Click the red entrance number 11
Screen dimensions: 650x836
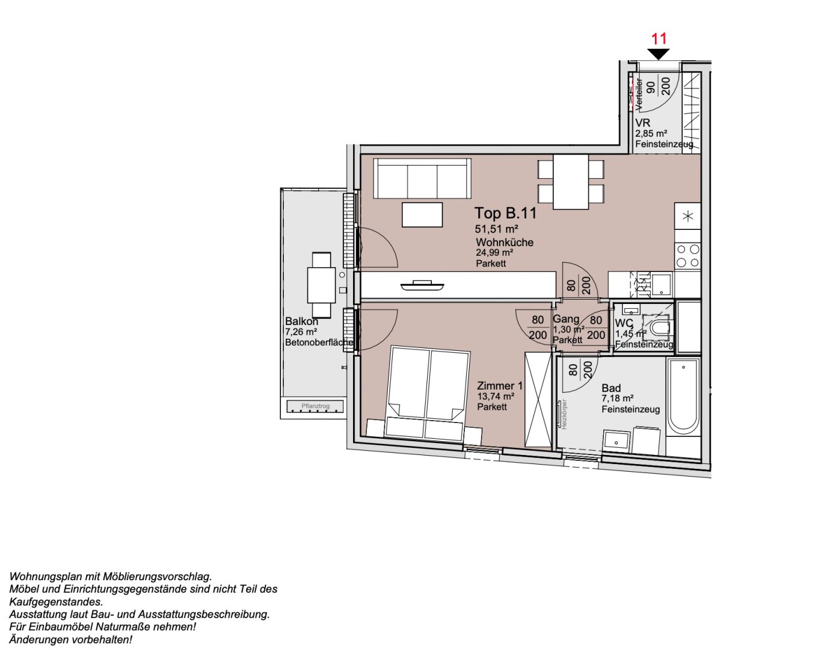click(x=659, y=39)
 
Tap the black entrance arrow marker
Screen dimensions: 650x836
click(x=659, y=54)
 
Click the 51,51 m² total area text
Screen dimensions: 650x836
click(x=496, y=229)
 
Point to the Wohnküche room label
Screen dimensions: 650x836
click(x=504, y=243)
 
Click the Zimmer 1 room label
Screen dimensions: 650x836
click(x=500, y=386)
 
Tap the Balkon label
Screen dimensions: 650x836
click(x=301, y=321)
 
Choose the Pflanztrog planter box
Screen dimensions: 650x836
click(x=315, y=406)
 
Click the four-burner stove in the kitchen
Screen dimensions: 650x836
click(x=687, y=255)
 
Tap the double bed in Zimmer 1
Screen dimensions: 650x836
click(x=428, y=391)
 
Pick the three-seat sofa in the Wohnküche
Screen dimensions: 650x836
click(x=422, y=178)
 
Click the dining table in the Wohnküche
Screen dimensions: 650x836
click(x=570, y=182)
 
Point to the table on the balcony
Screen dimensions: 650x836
click(x=321, y=285)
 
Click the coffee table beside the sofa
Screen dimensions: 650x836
click(x=422, y=215)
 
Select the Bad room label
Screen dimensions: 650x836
click(x=611, y=388)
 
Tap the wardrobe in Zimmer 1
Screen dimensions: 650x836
click(x=538, y=400)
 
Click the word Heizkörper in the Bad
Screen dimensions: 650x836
click(x=564, y=414)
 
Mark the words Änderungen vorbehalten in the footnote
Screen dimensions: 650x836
click(x=70, y=640)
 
